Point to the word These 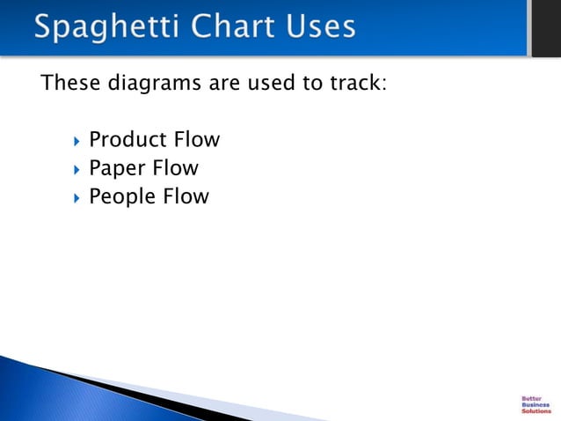click(x=68, y=85)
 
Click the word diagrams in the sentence click(x=148, y=85)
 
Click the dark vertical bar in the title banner click(x=543, y=27)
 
